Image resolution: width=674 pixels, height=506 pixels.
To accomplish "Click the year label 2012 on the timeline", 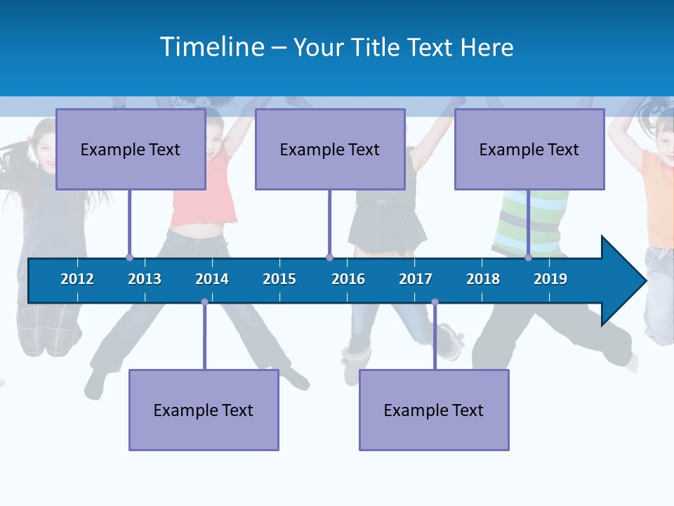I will click(x=77, y=279).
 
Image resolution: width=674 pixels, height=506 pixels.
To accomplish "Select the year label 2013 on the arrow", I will click(x=145, y=279).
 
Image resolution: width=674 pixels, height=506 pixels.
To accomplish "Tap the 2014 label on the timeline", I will click(x=212, y=279).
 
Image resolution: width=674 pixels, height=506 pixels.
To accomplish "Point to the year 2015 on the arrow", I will click(x=279, y=279).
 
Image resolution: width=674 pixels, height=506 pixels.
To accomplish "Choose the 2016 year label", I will click(x=348, y=279).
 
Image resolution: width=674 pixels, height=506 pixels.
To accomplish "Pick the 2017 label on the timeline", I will click(x=416, y=279).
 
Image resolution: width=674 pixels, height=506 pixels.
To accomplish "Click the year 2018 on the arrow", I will click(x=483, y=279).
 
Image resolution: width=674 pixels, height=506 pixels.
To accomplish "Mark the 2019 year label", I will click(x=550, y=279).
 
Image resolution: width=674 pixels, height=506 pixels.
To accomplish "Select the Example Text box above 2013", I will click(x=131, y=149).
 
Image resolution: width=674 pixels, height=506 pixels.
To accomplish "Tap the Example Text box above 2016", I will click(x=330, y=149).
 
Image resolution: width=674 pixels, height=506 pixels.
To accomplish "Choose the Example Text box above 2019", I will click(x=529, y=149).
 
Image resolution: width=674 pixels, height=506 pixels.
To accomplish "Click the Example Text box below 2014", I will click(x=204, y=410).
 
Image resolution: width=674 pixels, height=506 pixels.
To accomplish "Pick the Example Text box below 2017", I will click(x=434, y=410).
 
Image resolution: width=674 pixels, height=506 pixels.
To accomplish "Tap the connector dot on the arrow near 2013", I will click(x=129, y=258).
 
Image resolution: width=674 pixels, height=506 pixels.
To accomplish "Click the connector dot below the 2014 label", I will click(x=204, y=302).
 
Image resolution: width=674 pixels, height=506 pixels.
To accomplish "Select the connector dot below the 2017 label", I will click(x=435, y=302).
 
